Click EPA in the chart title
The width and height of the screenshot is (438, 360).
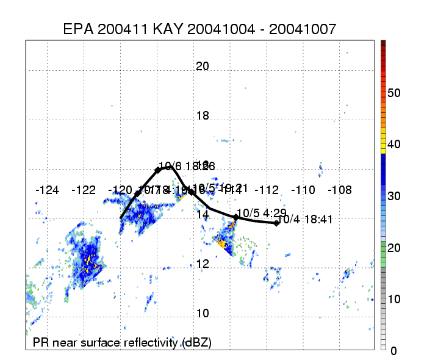(79, 29)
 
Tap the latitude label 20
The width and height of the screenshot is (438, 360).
(203, 67)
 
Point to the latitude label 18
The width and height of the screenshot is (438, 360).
(203, 116)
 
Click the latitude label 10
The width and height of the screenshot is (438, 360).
(203, 314)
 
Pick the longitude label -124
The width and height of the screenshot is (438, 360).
(47, 190)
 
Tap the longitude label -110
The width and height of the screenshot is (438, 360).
(303, 190)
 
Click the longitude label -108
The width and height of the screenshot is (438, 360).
(340, 190)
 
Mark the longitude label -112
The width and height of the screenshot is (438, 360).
(267, 190)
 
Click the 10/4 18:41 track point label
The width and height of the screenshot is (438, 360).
(303, 220)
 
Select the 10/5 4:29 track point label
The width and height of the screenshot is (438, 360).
(256, 212)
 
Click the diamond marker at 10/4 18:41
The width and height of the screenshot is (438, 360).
(276, 223)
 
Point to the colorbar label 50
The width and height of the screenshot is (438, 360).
(393, 93)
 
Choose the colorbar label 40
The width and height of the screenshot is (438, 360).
(393, 145)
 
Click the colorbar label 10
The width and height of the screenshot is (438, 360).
(393, 299)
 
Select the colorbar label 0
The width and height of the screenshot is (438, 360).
(393, 351)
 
